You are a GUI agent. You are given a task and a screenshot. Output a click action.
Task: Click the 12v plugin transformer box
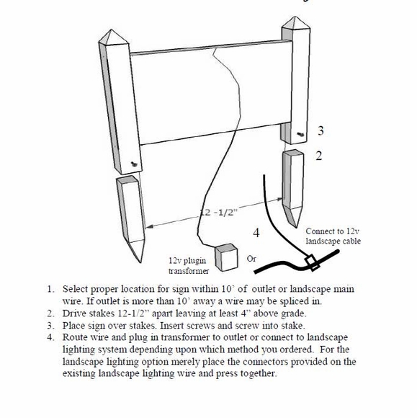tap(226, 257)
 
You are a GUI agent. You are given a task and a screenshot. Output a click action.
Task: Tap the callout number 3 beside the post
tap(320, 130)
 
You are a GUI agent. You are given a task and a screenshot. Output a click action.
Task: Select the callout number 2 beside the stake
tap(319, 156)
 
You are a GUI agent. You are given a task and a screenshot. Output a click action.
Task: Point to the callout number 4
tap(256, 233)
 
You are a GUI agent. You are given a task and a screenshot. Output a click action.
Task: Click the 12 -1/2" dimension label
tap(218, 213)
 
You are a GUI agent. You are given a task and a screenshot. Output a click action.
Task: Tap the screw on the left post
tap(134, 164)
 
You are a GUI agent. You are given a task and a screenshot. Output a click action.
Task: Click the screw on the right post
tap(301, 134)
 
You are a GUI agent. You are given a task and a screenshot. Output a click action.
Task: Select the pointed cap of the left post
tap(114, 40)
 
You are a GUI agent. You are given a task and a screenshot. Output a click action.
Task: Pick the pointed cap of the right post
tap(296, 25)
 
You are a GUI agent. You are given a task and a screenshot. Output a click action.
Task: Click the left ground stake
tap(131, 217)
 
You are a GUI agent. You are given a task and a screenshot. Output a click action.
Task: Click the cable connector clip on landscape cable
tap(312, 262)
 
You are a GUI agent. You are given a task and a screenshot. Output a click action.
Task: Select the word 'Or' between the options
tap(251, 259)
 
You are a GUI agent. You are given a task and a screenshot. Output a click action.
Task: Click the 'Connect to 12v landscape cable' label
tap(333, 236)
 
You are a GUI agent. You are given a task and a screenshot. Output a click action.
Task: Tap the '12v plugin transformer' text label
tap(189, 265)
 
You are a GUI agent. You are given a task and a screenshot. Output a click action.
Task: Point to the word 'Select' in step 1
tap(75, 289)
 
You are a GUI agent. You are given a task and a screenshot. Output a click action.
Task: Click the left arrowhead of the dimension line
tap(150, 226)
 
